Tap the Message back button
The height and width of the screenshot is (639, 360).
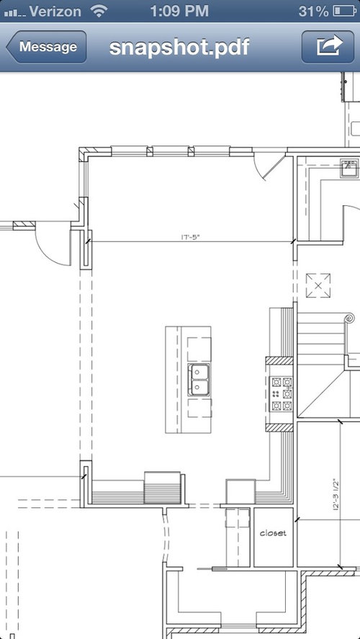coord(46,47)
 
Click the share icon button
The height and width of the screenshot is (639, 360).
coord(328,47)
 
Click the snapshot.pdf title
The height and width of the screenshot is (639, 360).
coord(179,48)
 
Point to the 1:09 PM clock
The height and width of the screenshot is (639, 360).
coord(179,11)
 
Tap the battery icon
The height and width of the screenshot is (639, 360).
coord(345,11)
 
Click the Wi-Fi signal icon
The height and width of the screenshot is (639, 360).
coord(98,12)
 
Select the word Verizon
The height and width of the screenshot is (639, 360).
coord(55,11)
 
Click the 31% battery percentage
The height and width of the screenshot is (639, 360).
coord(314,11)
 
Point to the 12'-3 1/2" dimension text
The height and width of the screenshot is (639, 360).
coord(336,494)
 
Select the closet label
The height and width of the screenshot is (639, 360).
coord(274,532)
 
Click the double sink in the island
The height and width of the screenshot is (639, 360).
coord(199,380)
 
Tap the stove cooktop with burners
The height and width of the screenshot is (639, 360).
coord(282,394)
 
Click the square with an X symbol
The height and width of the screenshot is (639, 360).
coord(318,286)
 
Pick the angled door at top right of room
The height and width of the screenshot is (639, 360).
coord(274,167)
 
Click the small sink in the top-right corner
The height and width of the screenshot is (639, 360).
coord(349,168)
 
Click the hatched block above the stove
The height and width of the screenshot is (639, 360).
coord(279,361)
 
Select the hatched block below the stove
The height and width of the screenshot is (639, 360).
coord(279,427)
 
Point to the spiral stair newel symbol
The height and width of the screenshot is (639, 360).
coord(349,318)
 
